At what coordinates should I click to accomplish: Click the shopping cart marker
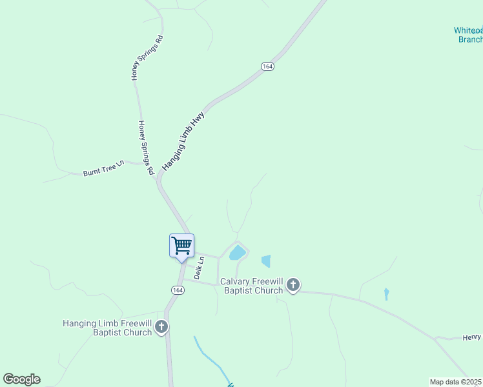181,246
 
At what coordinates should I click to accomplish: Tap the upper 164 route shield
267,66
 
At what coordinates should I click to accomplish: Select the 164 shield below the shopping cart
177,290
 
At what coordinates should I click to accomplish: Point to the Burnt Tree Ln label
103,173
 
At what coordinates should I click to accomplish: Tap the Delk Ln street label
200,267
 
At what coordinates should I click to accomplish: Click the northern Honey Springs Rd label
147,57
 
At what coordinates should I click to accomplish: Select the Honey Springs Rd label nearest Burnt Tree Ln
145,148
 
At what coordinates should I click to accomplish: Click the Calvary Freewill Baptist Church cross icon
293,284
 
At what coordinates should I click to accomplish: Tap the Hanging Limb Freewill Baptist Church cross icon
161,327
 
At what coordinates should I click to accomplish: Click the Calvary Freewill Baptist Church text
252,286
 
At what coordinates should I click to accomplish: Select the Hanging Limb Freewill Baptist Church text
107,328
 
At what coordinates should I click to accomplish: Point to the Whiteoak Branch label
469,35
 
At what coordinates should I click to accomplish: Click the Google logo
21,379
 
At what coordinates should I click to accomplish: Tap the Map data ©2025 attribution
455,382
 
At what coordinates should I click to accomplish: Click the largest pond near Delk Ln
238,252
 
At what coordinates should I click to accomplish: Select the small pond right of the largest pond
266,261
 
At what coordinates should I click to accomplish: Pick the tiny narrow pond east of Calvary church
386,294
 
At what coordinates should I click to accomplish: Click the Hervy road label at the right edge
472,337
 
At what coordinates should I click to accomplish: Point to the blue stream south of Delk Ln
210,357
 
